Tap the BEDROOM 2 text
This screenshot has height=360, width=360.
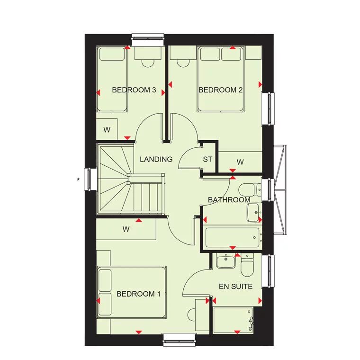click(217, 90)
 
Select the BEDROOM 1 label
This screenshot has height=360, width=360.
click(138, 294)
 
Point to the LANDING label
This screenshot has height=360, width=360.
click(156, 159)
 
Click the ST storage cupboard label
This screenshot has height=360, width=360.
click(207, 159)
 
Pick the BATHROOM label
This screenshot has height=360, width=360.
click(229, 200)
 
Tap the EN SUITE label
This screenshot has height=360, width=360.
click(235, 287)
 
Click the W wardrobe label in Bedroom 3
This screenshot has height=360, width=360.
click(107, 130)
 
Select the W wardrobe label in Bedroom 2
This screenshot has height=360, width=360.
click(240, 162)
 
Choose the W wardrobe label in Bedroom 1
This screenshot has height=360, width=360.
click(126, 230)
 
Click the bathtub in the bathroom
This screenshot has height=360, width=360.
click(233, 237)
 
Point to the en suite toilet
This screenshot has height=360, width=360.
click(247, 266)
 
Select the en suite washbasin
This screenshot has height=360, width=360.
click(226, 261)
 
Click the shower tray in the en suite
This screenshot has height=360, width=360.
click(233, 320)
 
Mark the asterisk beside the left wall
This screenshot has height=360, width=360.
click(78, 180)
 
